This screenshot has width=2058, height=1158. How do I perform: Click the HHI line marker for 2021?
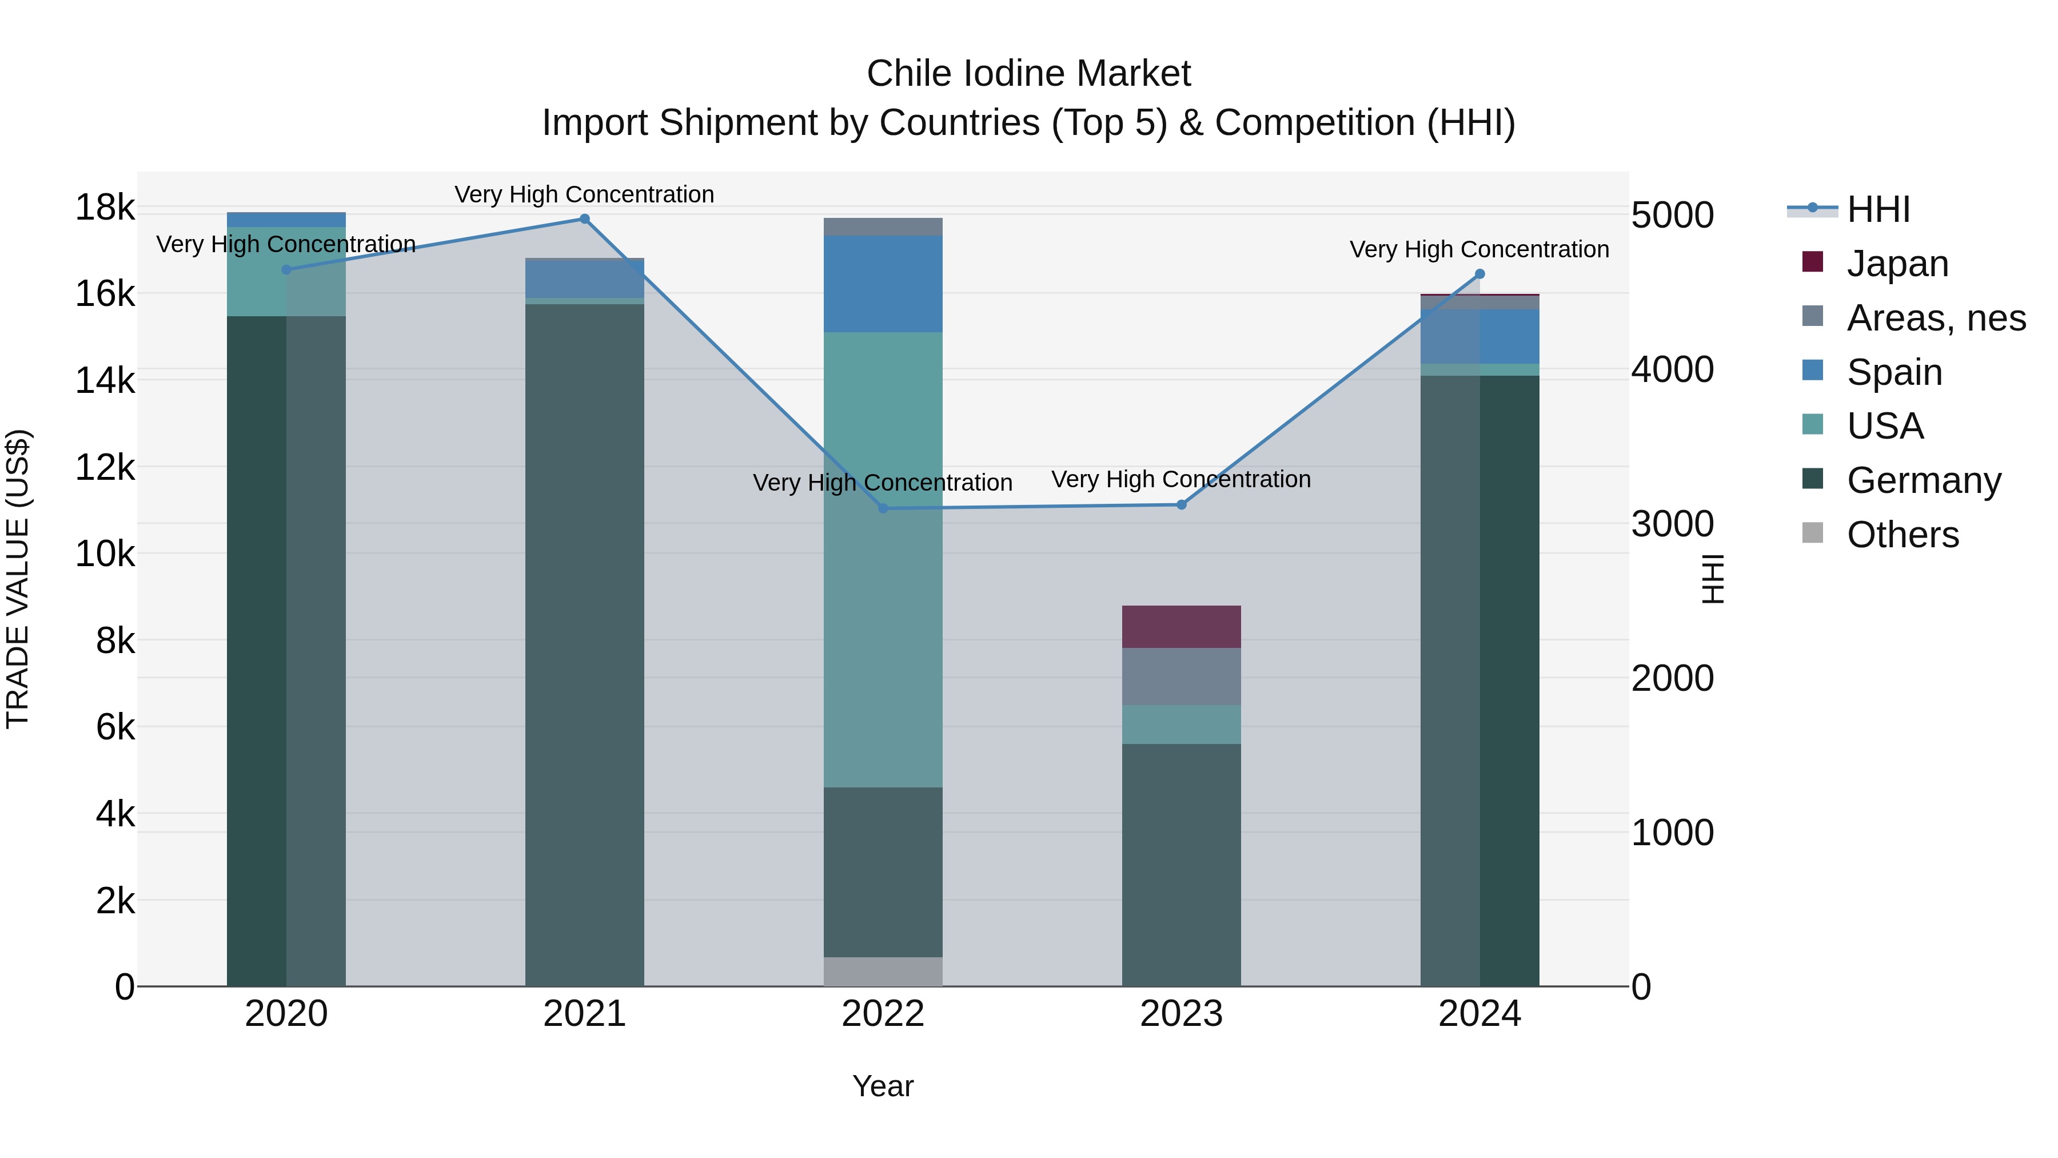[584, 219]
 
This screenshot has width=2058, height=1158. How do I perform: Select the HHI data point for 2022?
[883, 508]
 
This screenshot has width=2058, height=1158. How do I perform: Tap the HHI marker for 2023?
[1182, 504]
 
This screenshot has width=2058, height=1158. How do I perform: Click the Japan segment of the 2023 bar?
[1181, 627]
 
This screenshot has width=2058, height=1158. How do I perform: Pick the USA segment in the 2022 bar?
[883, 559]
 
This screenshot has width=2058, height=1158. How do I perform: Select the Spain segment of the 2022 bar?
[883, 284]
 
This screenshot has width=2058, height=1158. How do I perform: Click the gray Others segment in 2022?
[883, 971]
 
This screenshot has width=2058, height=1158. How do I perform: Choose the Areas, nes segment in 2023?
[1181, 676]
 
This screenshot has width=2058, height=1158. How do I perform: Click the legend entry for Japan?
[1897, 264]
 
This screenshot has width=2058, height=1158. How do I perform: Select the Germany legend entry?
[1923, 480]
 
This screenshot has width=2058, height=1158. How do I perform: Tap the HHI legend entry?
[1877, 209]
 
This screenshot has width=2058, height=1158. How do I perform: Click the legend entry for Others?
[1902, 535]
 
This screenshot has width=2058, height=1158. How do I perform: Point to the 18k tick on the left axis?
[105, 208]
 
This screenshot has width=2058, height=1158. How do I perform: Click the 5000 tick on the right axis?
[1672, 215]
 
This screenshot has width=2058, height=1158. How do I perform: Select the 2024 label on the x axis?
[1479, 1014]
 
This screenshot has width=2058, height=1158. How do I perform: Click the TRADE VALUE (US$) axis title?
[18, 579]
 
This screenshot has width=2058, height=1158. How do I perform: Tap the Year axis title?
[883, 1086]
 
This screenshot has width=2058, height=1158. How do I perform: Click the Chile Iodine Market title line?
[1028, 74]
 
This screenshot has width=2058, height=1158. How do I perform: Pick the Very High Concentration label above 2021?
[584, 194]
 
